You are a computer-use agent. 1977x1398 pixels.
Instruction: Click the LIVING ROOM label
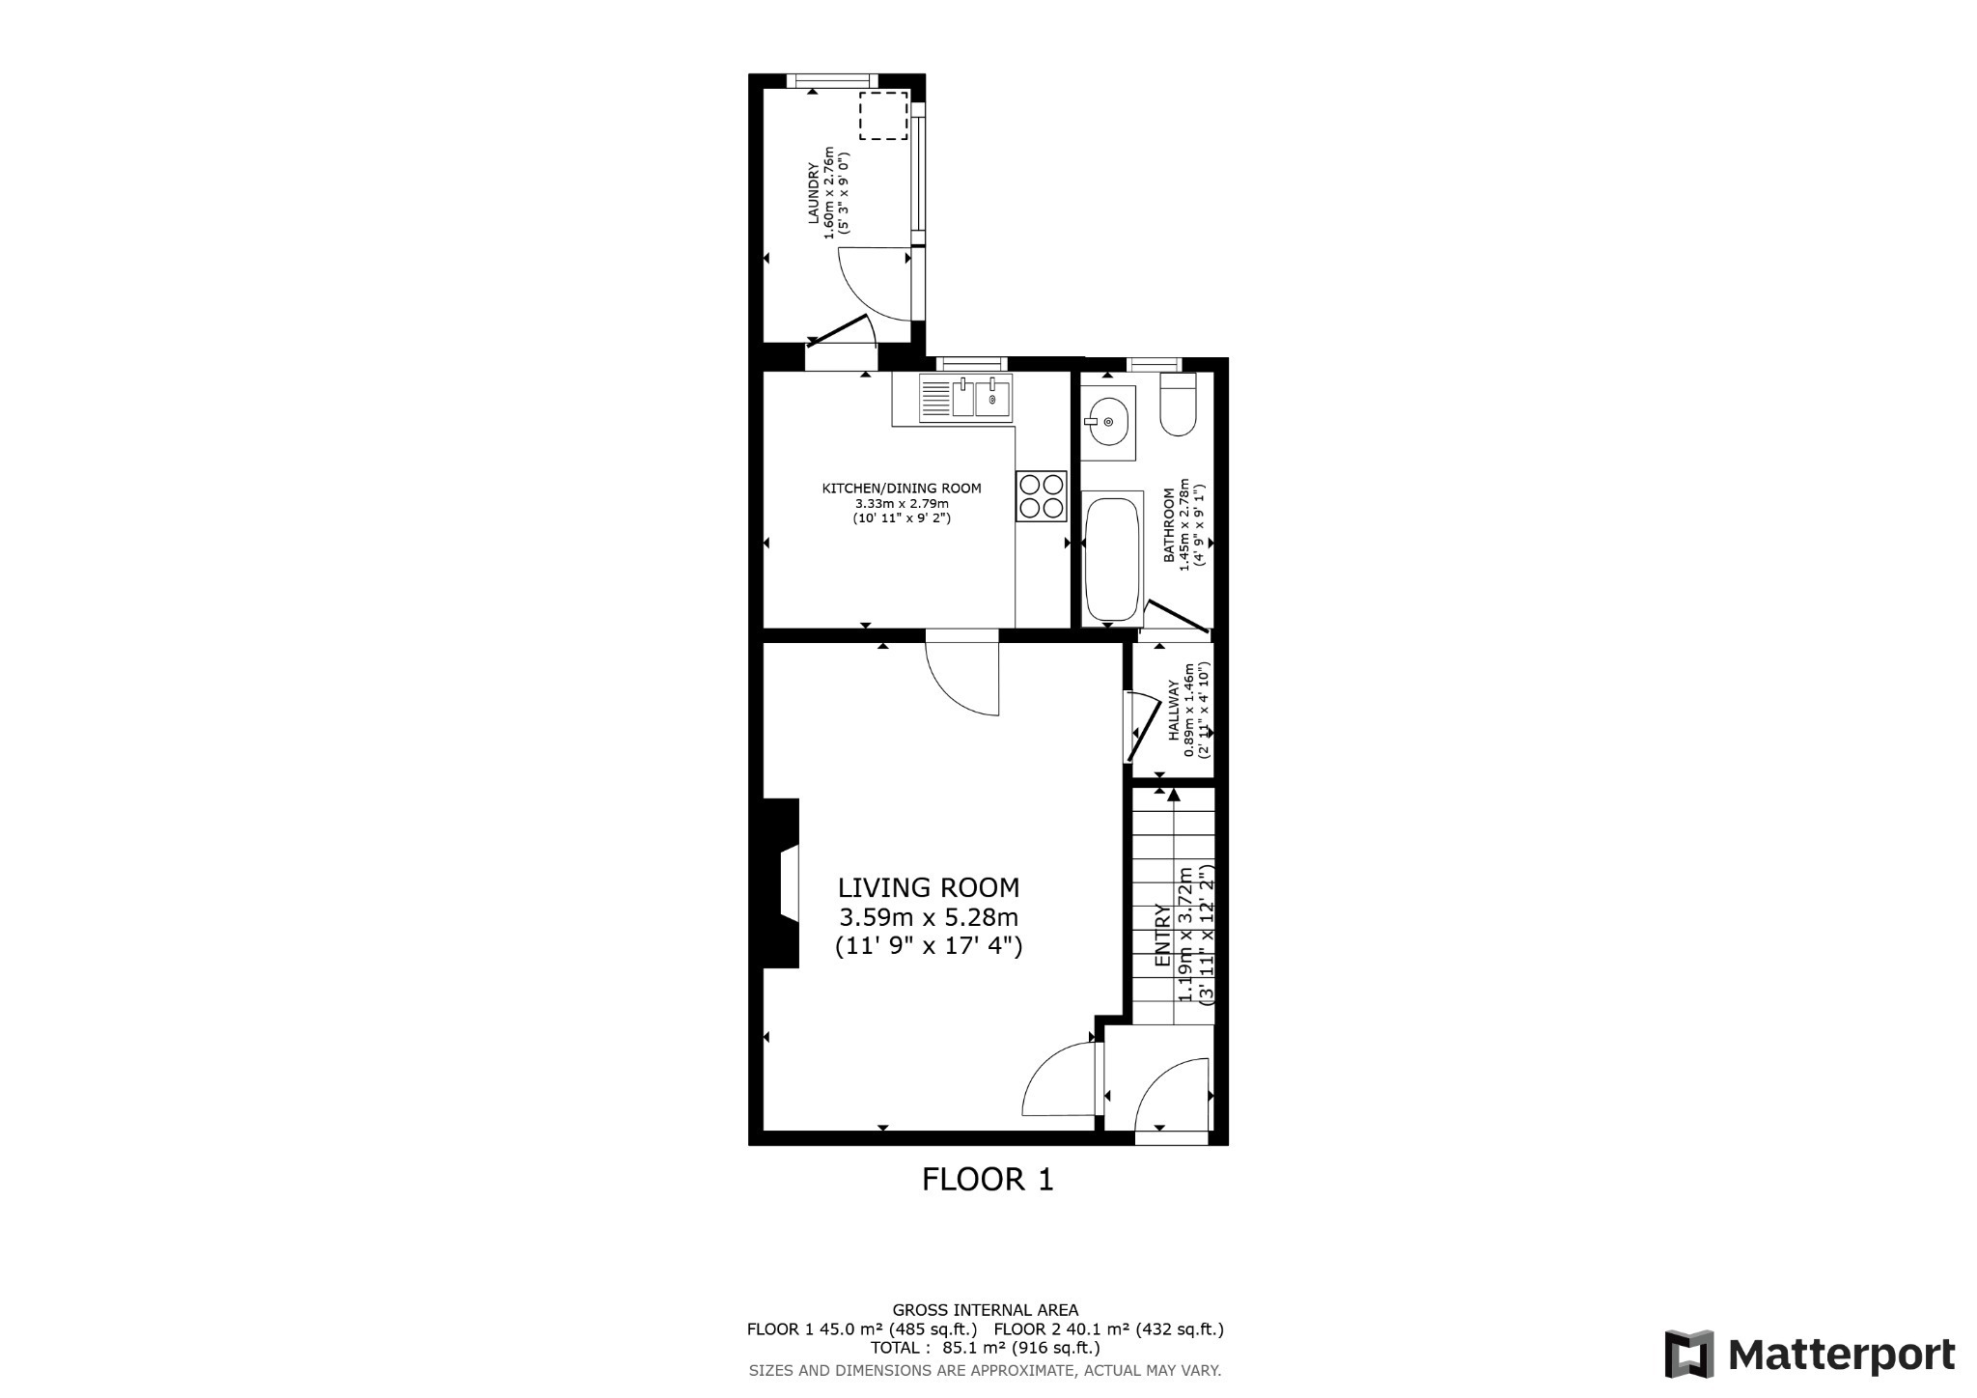coord(928,887)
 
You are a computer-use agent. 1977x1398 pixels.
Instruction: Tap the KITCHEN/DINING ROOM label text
coord(901,489)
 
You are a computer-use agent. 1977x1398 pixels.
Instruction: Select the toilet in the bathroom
coord(1178,405)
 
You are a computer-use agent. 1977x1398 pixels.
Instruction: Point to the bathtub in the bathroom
coord(1112,560)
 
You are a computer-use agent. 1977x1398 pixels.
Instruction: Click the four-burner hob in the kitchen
coord(1041,496)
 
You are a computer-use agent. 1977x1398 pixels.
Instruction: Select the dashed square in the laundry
coord(882,116)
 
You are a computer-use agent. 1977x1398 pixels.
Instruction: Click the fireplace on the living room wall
coord(782,882)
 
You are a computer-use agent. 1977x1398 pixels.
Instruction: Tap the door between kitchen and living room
coord(962,676)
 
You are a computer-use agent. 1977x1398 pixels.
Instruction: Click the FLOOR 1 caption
coord(988,1180)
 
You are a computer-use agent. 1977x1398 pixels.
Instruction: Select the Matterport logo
coord(1809,1355)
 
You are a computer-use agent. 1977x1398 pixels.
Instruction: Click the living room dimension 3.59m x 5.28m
coord(928,917)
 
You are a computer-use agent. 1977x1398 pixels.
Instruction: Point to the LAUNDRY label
coord(814,194)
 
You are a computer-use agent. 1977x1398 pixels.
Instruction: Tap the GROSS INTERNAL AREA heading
coord(985,1310)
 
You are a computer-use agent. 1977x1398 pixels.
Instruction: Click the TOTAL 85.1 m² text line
coord(985,1348)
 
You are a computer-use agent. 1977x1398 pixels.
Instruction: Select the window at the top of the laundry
coord(831,81)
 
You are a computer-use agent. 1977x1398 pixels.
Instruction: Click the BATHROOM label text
coord(1169,526)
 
